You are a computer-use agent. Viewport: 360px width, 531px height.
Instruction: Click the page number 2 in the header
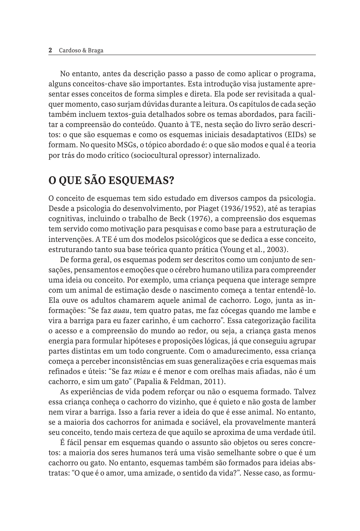[50, 50]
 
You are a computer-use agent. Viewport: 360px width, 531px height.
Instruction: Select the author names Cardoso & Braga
[81, 50]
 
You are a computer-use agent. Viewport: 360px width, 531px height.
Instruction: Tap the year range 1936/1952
[249, 209]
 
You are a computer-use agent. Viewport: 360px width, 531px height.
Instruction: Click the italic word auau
[121, 311]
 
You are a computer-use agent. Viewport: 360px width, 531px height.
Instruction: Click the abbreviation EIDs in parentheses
[296, 135]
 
